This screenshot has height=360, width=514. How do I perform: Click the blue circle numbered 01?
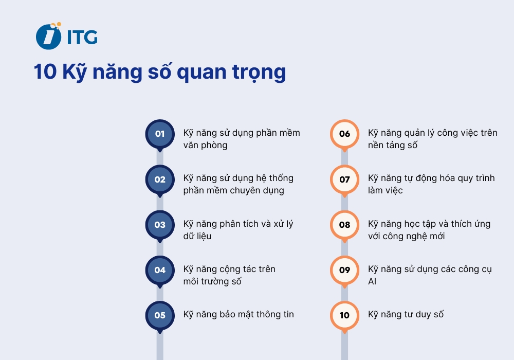160,134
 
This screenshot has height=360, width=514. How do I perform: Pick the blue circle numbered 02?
160,179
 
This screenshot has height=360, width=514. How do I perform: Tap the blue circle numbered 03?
160,225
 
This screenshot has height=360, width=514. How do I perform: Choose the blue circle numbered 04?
160,270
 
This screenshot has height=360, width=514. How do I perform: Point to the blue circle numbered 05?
160,315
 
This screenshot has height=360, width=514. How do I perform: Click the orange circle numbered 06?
344,134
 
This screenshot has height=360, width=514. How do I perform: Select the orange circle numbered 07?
344,179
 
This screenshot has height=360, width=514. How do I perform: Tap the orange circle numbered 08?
344,225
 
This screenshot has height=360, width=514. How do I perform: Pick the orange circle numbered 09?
344,270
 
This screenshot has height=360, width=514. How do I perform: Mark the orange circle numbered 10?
344,315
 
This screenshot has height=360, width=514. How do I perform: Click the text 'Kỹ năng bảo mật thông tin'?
238,314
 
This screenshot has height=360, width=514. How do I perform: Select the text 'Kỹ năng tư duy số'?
406,314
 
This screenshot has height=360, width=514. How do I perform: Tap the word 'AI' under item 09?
372,281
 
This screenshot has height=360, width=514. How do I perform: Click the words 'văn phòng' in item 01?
205,145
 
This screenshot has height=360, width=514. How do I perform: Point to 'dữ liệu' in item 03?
197,236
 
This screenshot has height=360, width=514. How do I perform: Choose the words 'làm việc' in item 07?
385,190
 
